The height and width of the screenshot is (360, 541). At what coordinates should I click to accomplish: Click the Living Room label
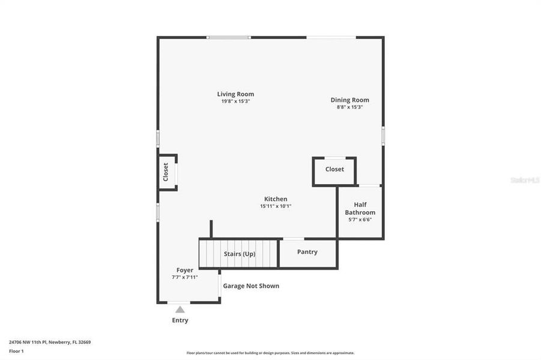click(x=235, y=94)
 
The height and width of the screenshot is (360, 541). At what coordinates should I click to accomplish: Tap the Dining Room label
click(x=349, y=100)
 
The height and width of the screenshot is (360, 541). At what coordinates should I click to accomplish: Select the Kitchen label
click(x=276, y=199)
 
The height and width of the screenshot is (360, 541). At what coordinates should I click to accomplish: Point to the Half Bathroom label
click(x=360, y=209)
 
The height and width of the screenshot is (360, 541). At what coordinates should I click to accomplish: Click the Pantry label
click(x=307, y=252)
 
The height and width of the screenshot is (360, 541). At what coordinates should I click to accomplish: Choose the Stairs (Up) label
click(x=240, y=254)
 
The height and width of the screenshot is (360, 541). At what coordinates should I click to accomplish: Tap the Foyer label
click(x=185, y=270)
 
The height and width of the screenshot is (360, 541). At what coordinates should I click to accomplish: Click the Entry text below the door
click(x=180, y=320)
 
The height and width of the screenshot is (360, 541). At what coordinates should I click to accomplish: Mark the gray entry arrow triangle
click(x=180, y=310)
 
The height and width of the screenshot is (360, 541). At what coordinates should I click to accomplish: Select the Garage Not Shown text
click(x=251, y=286)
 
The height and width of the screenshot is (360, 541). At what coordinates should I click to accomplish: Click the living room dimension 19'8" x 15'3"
click(x=235, y=101)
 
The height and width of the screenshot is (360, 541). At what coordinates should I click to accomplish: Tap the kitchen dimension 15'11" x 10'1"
click(x=276, y=206)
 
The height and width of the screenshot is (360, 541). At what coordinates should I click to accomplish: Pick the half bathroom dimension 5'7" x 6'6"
click(x=360, y=220)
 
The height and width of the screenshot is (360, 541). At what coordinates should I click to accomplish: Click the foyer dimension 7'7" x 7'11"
click(x=185, y=277)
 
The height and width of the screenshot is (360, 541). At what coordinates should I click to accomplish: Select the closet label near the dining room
click(x=334, y=169)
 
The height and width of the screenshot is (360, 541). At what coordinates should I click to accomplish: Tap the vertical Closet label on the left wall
click(x=166, y=172)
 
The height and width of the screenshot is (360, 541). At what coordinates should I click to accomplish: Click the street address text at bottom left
click(x=50, y=342)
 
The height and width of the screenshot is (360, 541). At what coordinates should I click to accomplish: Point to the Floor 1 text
click(x=16, y=350)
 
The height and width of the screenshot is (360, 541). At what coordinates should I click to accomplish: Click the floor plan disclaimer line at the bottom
click(x=270, y=353)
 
